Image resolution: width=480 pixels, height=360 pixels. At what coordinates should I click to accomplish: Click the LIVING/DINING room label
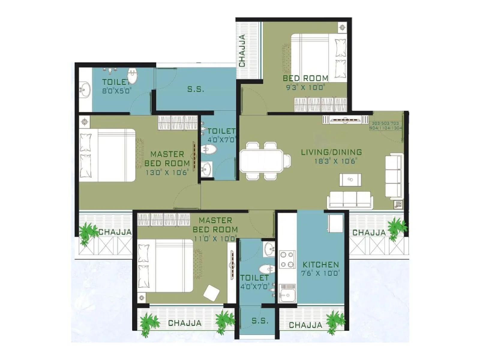point(331,152)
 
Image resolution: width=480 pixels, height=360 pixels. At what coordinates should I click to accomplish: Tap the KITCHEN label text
point(320,265)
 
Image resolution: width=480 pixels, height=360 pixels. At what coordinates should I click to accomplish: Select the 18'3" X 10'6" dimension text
point(335,161)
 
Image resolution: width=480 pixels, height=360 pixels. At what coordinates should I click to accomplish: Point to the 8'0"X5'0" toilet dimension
point(117,91)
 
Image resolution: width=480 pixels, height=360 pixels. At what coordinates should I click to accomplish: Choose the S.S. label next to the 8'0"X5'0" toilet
point(196,89)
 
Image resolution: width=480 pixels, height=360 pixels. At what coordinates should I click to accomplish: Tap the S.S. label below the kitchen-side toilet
point(260,321)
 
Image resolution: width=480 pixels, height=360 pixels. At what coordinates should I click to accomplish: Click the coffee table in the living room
point(350,179)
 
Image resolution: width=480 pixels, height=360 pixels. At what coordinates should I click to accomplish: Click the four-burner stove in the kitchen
point(287,259)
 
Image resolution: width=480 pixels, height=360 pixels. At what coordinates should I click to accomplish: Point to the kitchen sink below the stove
point(287,293)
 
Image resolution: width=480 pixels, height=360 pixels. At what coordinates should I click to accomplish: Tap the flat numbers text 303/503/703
point(385,123)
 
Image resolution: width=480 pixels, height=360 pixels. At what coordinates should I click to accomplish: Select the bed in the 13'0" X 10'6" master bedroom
point(107,155)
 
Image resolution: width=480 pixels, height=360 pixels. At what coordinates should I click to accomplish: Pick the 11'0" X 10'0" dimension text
point(215,238)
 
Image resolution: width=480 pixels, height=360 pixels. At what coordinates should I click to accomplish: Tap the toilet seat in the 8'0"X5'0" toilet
point(132,76)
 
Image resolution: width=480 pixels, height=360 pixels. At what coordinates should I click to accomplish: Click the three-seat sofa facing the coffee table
point(349,199)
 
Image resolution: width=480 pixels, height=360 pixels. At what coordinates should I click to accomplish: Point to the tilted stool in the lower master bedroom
point(211,293)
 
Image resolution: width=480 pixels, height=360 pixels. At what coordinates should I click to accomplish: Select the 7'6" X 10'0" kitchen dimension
point(320,273)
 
